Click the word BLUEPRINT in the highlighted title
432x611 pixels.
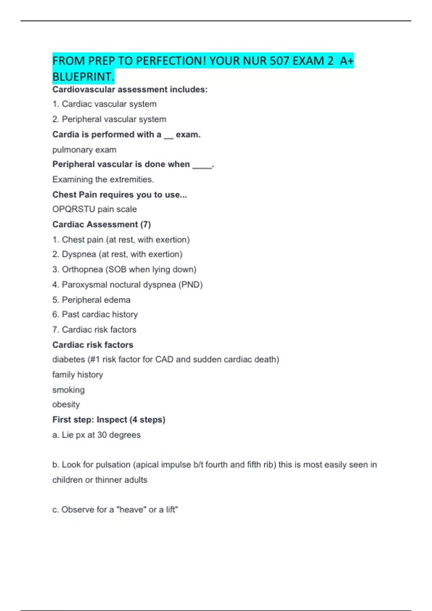(x=83, y=77)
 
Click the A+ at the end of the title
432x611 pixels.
(x=347, y=61)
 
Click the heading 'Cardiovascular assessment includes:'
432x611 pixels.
(x=130, y=89)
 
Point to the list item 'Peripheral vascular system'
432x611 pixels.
(x=114, y=119)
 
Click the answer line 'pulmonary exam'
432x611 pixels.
(x=84, y=150)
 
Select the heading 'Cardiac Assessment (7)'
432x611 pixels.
(x=102, y=225)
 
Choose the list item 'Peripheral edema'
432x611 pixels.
(x=96, y=300)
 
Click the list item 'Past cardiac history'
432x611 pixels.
(x=100, y=314)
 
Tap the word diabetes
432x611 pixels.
(x=68, y=359)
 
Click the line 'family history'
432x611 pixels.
(x=77, y=375)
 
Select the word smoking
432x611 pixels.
(x=68, y=390)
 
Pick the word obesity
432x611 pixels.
(x=66, y=404)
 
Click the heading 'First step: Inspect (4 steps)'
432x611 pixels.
(x=109, y=420)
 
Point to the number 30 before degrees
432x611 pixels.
(x=102, y=435)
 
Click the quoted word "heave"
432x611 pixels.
(x=131, y=510)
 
